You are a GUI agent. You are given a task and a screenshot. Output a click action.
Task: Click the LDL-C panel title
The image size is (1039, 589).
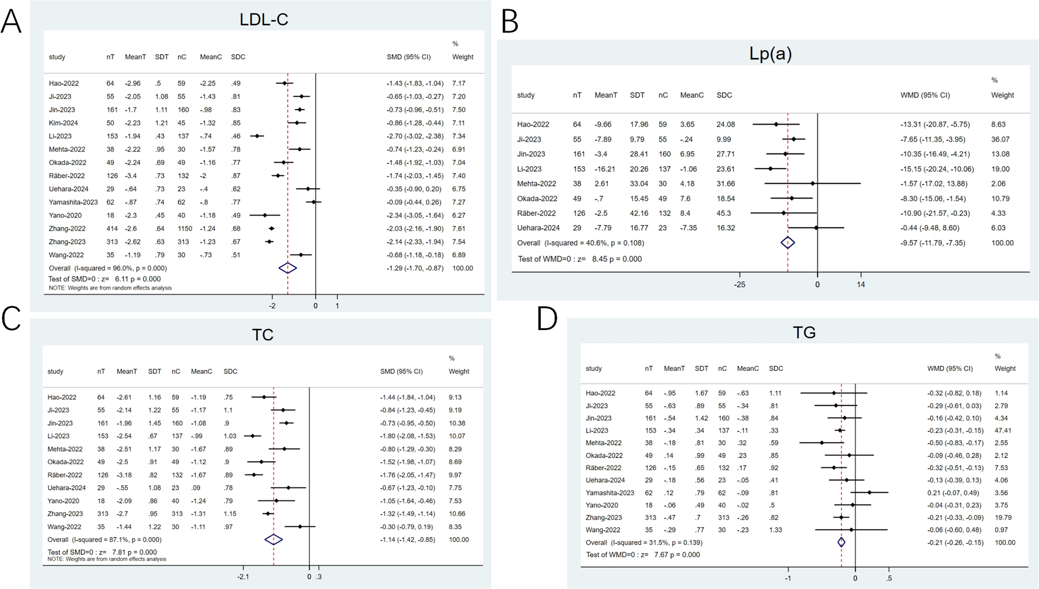(264, 20)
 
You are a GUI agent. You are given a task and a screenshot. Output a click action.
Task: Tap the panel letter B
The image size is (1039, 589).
(510, 21)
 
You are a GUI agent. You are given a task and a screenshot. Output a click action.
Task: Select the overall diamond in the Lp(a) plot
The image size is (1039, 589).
(788, 243)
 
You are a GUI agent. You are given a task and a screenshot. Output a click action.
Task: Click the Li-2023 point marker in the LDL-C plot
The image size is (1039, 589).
(257, 136)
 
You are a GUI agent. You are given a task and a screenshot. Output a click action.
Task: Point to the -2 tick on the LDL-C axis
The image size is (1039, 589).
(272, 305)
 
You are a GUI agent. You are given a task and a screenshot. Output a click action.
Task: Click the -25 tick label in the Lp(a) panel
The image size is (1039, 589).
(739, 284)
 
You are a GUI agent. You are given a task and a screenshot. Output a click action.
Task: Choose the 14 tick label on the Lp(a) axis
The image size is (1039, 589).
(861, 284)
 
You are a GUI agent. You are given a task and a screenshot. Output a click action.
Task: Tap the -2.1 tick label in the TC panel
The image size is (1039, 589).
(243, 576)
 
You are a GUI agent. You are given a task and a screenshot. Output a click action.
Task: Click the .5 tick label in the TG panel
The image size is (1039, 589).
(889, 579)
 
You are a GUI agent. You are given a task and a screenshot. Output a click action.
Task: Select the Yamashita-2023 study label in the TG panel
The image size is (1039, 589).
(610, 493)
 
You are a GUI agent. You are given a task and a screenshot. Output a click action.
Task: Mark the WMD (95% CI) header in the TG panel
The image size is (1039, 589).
(950, 368)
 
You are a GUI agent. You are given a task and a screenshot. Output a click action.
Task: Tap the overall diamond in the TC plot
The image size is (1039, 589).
(274, 539)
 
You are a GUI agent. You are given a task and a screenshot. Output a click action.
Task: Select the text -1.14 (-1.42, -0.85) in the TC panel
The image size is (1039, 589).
(407, 539)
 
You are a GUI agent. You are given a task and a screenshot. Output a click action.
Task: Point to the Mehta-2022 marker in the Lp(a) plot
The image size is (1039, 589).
(813, 183)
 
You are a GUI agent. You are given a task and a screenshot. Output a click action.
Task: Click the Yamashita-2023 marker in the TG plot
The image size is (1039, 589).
(869, 493)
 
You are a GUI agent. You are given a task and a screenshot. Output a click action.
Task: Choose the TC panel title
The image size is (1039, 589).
(263, 335)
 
